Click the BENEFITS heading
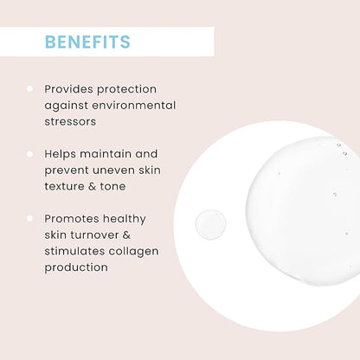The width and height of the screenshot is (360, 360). tap(87, 42)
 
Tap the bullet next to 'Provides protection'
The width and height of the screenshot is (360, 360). tap(29, 88)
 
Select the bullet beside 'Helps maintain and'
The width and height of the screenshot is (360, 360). tap(29, 154)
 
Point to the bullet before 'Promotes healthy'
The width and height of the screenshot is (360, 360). tap(29, 218)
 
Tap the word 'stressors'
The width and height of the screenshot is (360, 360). tap(70, 121)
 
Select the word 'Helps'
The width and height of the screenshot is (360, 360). tap(60, 154)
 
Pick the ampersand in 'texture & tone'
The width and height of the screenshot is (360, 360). tap(92, 186)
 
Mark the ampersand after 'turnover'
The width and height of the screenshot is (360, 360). tap(126, 235)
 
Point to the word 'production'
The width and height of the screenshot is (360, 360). tap(76, 267)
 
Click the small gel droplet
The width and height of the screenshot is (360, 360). tap(210, 225)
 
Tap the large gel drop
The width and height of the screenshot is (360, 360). tap(303, 212)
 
